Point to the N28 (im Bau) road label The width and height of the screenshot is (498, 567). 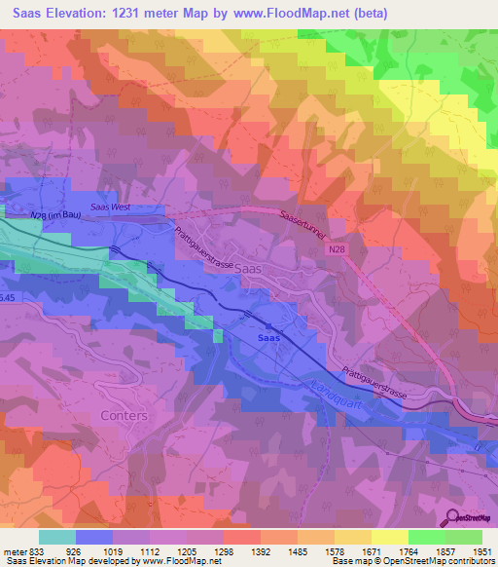coord(56,215)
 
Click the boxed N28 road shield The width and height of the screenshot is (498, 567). coord(336,250)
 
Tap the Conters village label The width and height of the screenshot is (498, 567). coord(124,415)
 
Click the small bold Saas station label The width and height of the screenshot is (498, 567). coord(268,338)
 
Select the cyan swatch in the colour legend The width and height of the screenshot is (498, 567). coord(56,537)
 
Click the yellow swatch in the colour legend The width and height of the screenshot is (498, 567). coord(389,537)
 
